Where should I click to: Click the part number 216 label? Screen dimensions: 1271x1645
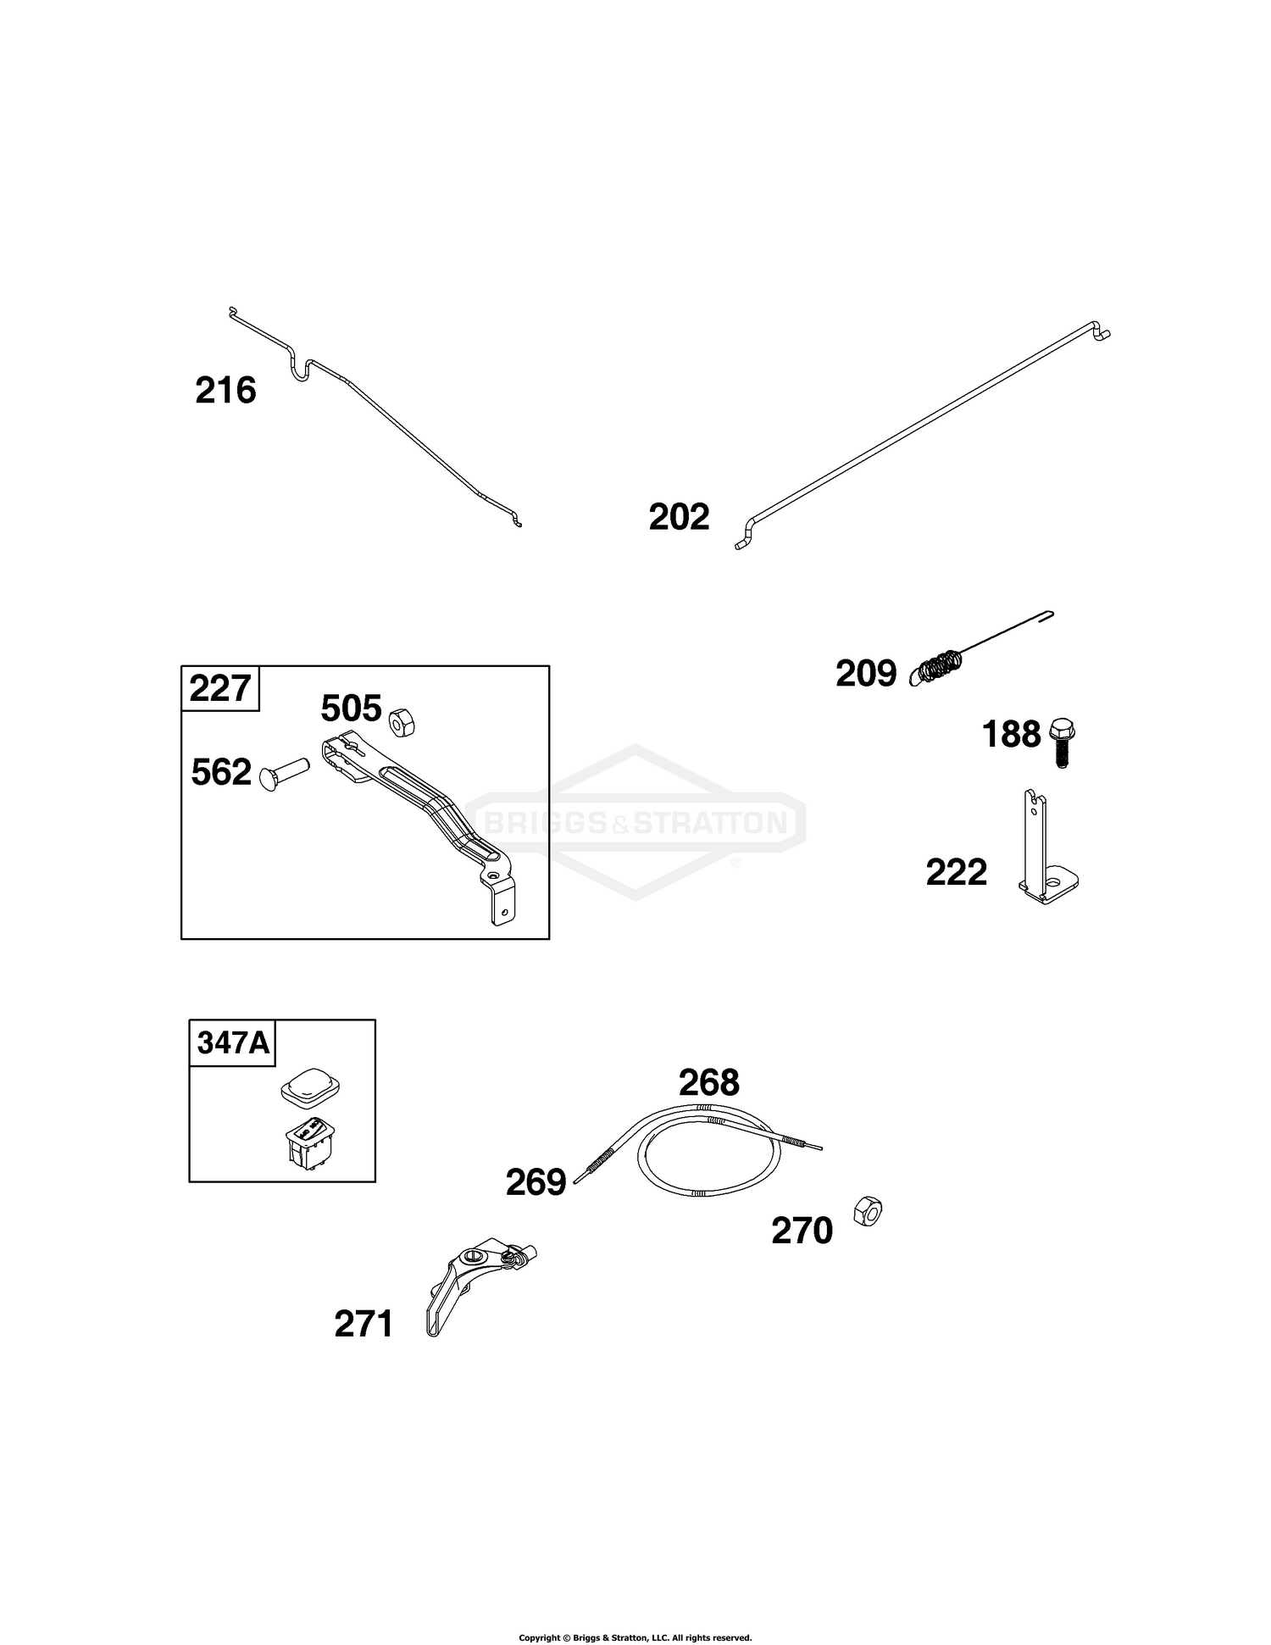click(x=225, y=391)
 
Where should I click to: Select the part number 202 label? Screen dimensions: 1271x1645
click(x=679, y=517)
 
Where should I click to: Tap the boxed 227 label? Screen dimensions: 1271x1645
click(x=220, y=688)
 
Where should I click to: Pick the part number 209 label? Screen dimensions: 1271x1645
click(x=866, y=674)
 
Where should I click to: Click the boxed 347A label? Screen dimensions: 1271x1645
click(x=233, y=1042)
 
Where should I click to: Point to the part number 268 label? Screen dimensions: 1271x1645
click(x=709, y=1082)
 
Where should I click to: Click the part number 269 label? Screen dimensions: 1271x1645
click(x=536, y=1182)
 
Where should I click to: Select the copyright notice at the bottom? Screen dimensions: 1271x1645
click(x=635, y=1614)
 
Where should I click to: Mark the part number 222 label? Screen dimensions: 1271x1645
click(x=957, y=872)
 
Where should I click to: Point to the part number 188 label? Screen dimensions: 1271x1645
click(x=1011, y=734)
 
